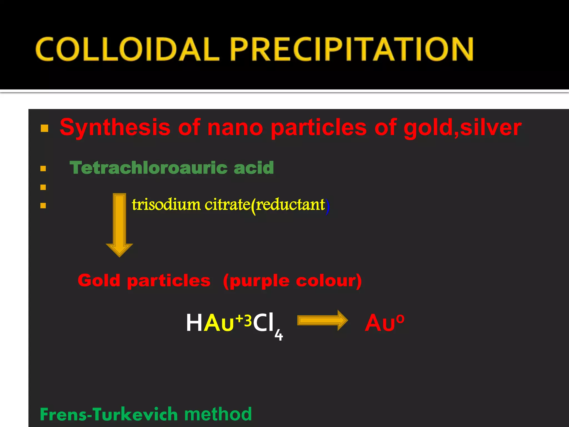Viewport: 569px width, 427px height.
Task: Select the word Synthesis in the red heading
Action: coord(115,127)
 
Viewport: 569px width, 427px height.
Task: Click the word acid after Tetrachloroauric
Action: coord(254,168)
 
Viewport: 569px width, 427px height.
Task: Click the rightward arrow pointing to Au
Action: coord(322,320)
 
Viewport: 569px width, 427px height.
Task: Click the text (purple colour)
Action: coord(292,281)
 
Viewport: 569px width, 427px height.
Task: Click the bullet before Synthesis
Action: coord(44,128)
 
